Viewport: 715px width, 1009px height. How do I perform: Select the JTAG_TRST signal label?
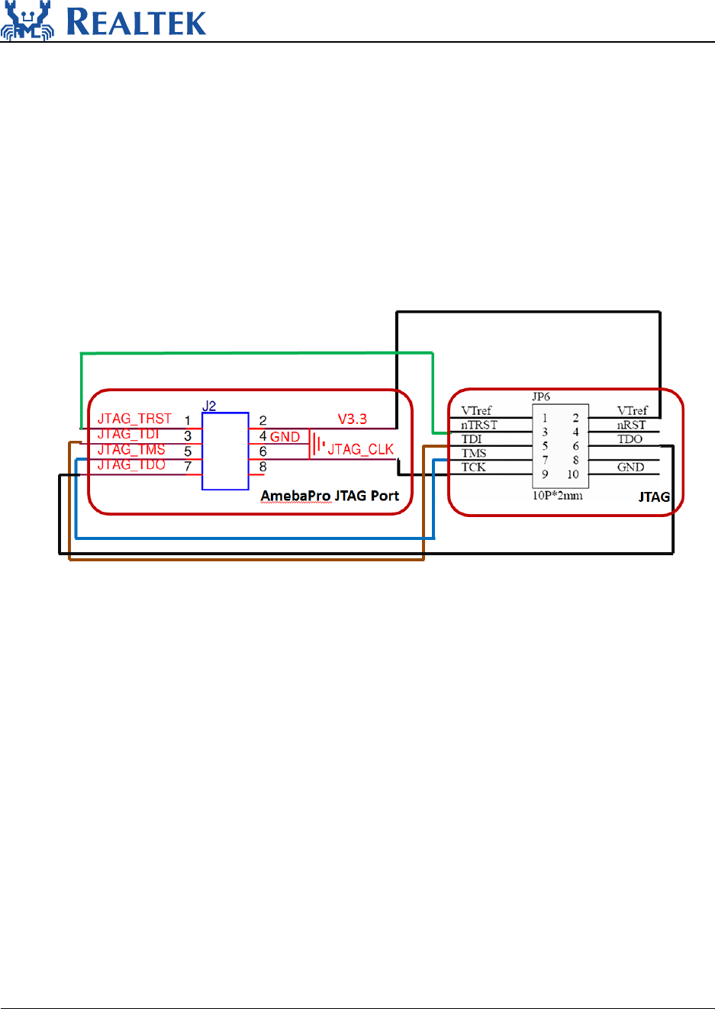coord(134,419)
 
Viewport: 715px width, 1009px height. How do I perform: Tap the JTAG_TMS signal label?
coord(131,449)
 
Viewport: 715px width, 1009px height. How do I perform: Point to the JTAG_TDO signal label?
coord(131,464)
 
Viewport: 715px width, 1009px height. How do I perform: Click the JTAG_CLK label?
coord(360,449)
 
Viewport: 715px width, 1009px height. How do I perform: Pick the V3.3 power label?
coord(353,419)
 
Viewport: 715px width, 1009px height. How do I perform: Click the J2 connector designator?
coord(209,406)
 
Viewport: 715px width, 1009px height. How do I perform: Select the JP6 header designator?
coord(541,397)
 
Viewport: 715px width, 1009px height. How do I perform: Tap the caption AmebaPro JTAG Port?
coord(330,496)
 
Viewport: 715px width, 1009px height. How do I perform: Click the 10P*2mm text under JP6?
coord(557,495)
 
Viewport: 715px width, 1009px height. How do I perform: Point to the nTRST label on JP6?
coord(479,425)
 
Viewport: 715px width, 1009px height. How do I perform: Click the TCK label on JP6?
coord(473,467)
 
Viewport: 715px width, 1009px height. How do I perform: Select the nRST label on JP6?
coord(632,425)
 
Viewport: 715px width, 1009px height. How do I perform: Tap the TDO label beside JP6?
coord(630,439)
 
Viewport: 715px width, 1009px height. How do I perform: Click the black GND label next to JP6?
coord(630,467)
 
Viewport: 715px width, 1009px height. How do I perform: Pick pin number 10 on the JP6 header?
coord(573,474)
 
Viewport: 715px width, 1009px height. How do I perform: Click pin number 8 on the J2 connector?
coord(262,467)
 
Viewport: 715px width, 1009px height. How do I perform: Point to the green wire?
coord(256,353)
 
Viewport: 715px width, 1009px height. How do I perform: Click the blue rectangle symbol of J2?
coord(225,451)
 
